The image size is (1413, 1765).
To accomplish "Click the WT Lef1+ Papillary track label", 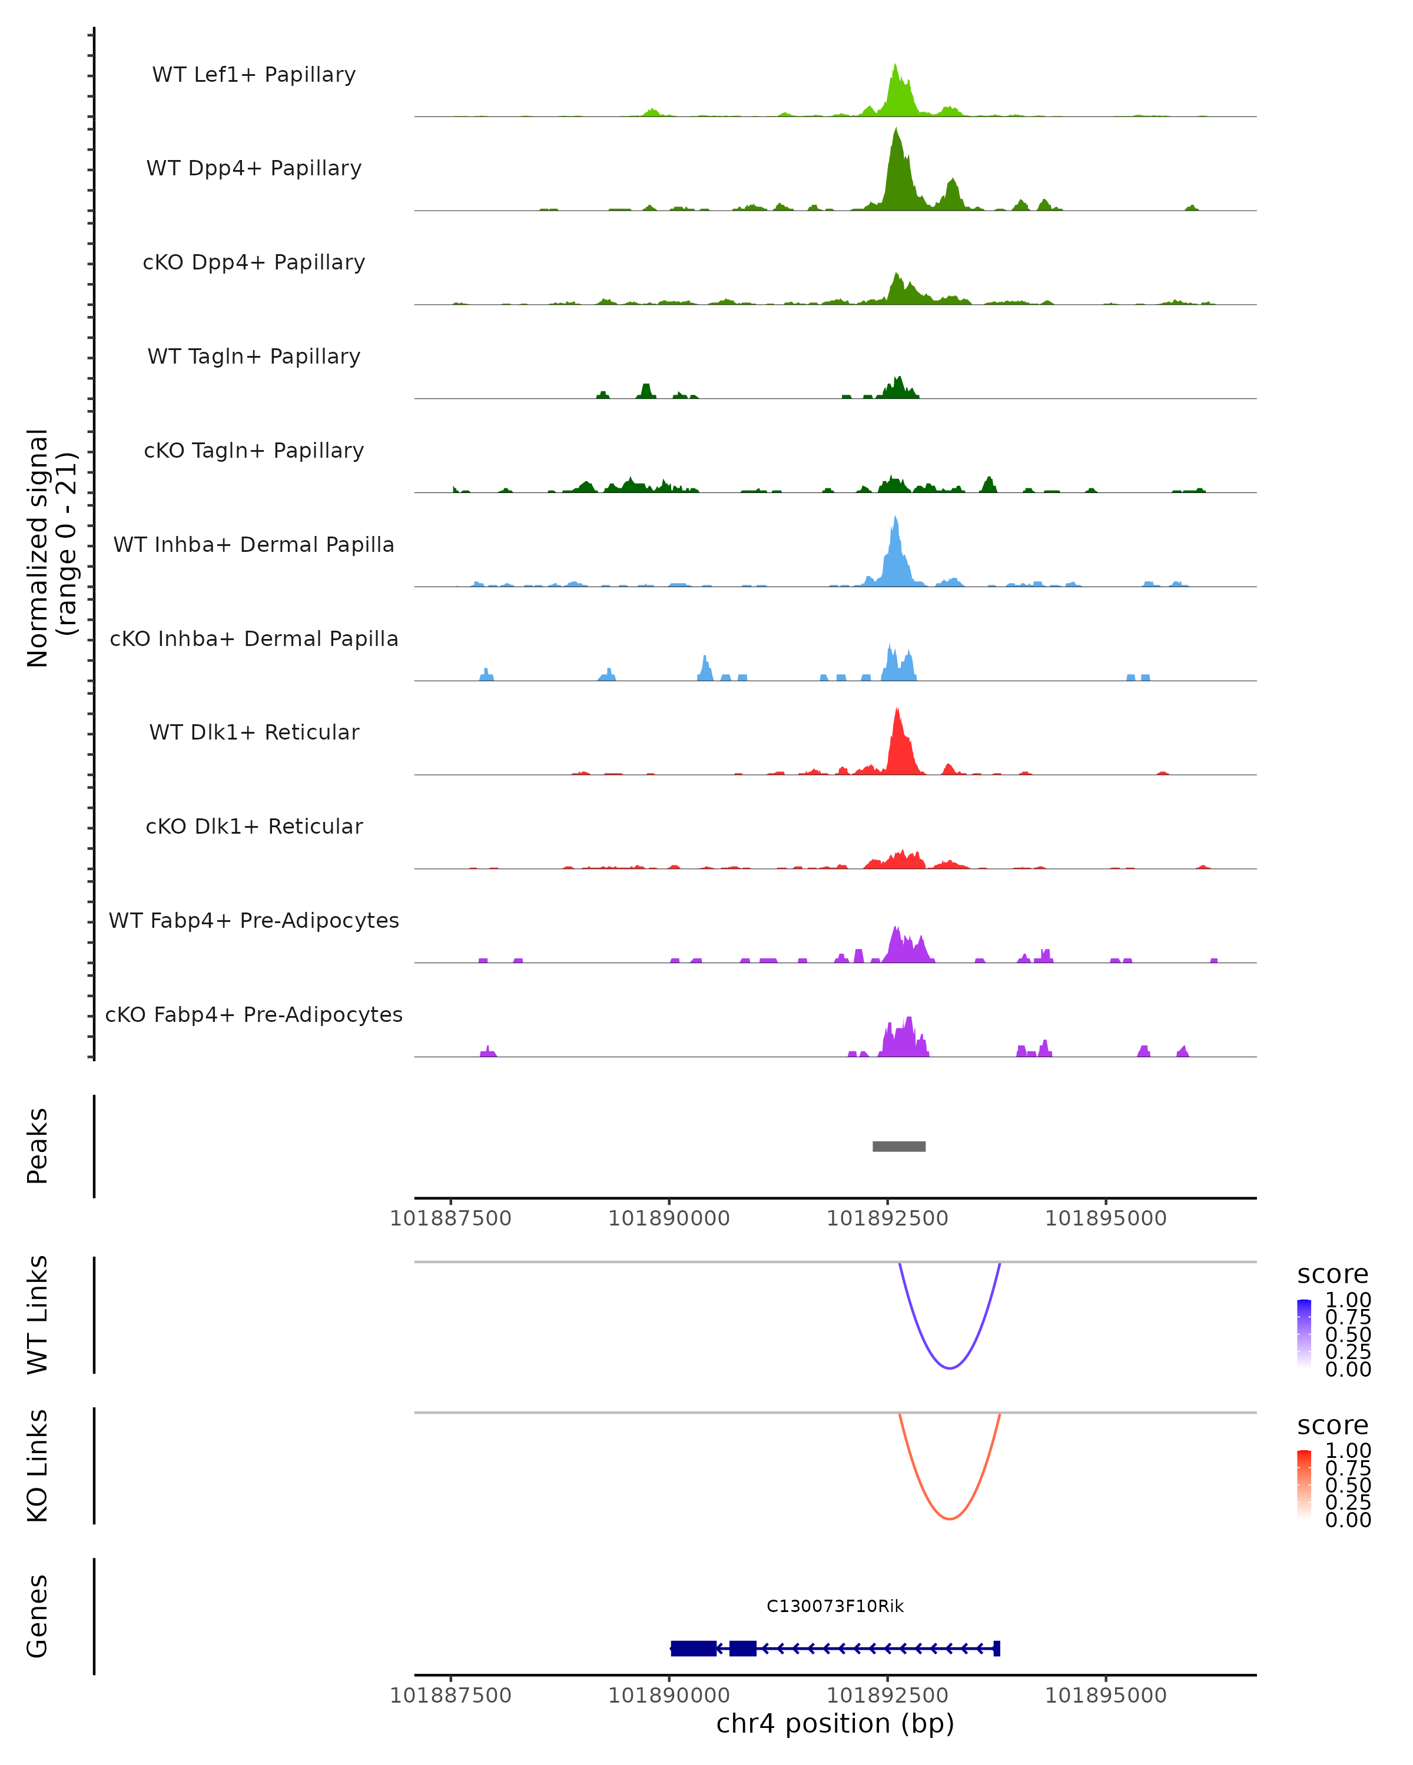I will (x=254, y=75).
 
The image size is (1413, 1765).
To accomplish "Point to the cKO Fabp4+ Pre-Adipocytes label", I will (x=254, y=1014).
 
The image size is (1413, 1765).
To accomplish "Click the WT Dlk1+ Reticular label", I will (x=254, y=732).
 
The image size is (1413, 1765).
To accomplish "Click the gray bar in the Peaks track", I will (x=898, y=1146).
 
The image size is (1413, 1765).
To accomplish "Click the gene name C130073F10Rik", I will (x=835, y=1606).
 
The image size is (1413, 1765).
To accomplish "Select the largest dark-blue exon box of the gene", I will (x=693, y=1648).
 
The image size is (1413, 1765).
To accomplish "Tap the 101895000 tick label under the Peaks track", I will (x=1106, y=1218).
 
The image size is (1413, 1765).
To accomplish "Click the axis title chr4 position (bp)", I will (x=835, y=1724).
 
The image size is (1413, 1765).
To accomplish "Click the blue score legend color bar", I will (x=1304, y=1333).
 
